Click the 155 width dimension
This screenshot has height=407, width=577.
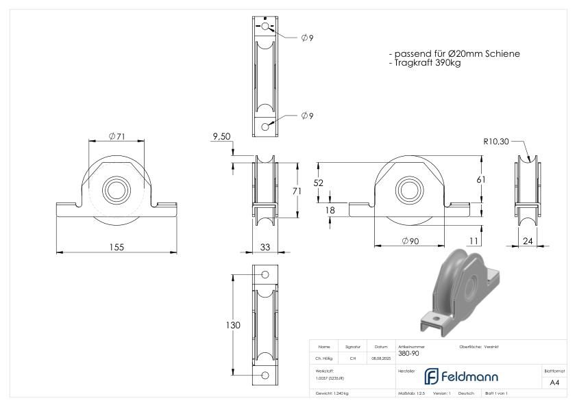[x=116, y=247]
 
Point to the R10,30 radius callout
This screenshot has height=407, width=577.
[x=495, y=142]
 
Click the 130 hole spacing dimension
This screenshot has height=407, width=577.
[x=234, y=326]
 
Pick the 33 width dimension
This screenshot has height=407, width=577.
[x=265, y=247]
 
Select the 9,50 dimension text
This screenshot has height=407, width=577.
[x=221, y=137]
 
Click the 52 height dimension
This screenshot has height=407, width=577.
[x=319, y=183]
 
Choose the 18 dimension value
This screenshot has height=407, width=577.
[x=330, y=211]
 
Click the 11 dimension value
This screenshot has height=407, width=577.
[x=474, y=240]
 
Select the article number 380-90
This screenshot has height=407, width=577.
[x=409, y=354]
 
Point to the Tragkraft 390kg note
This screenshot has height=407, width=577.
[x=424, y=63]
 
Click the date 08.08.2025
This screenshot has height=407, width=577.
[x=380, y=358]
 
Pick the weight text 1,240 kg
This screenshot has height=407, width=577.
[x=332, y=393]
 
